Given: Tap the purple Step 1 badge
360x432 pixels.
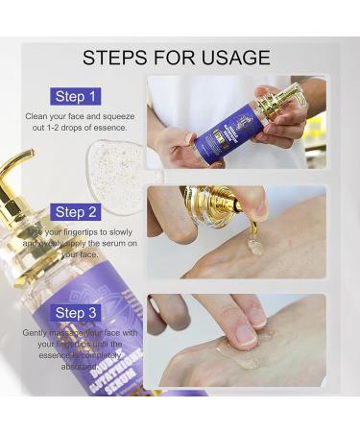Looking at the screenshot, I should click(x=76, y=96).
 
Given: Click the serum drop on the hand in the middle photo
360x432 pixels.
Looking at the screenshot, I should click(x=254, y=248).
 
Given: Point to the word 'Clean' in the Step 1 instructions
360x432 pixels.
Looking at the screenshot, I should click(x=38, y=117).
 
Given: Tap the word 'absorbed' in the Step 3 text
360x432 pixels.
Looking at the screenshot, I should click(x=79, y=366).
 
